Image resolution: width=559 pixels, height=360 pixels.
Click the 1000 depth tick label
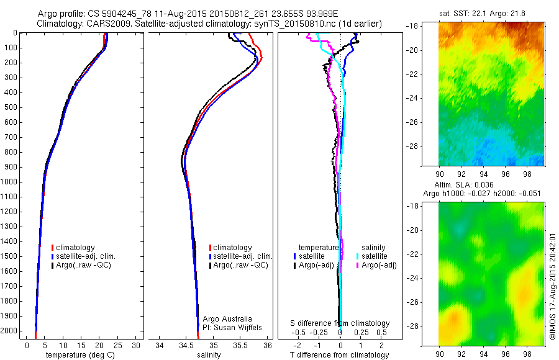click(10, 182)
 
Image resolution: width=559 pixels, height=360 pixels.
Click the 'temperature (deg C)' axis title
click(79, 355)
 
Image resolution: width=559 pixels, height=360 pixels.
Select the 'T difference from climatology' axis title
click(339, 355)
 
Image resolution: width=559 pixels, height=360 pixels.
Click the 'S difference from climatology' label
click(340, 323)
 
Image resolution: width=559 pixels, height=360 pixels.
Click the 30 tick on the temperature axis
click(137, 344)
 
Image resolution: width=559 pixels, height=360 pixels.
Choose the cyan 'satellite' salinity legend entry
click(375, 256)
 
